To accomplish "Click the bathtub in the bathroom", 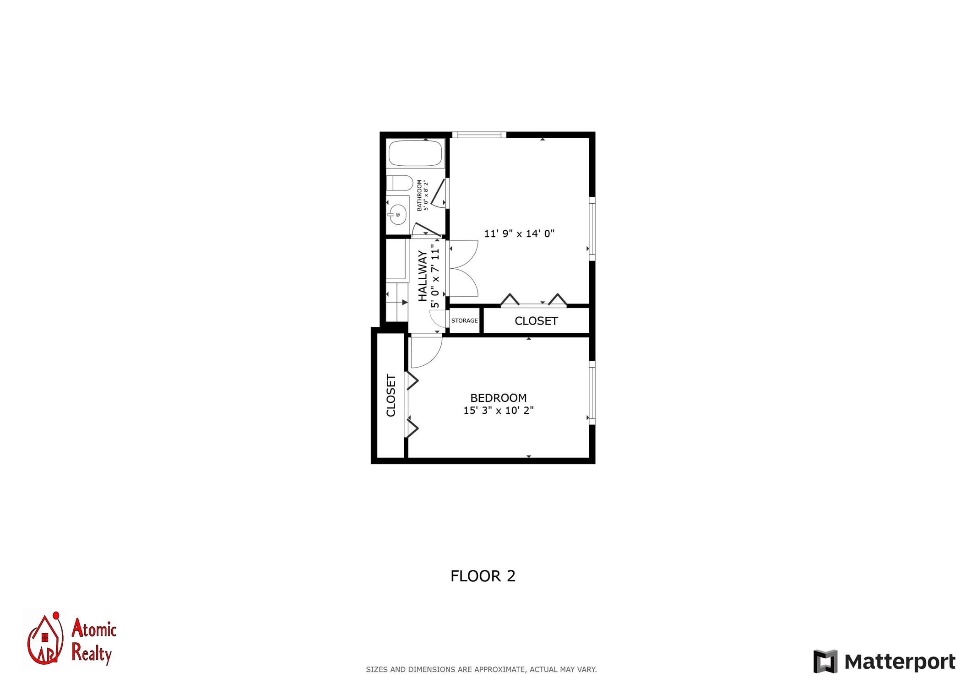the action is (416, 153).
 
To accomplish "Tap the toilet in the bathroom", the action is (400, 183).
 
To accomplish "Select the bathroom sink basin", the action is (398, 215).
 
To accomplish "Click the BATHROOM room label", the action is (419, 195).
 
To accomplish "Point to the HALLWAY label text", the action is (423, 276).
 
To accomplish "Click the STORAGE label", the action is (464, 320).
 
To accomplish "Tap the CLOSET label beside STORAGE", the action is (536, 321).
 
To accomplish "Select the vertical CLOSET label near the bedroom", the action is (391, 396).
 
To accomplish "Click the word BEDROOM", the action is (499, 398).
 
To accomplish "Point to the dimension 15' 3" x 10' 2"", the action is (499, 410).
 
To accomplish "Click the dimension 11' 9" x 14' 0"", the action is (519, 233).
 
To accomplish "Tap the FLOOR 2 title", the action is (483, 576).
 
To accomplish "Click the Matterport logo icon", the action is (825, 661).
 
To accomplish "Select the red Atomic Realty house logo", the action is (44, 638).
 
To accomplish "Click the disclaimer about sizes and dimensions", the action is (481, 669).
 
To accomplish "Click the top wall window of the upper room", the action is (479, 135).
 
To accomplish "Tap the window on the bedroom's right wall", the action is (592, 393).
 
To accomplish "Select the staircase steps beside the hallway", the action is (397, 302).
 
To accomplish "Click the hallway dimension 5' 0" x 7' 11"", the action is (435, 276).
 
